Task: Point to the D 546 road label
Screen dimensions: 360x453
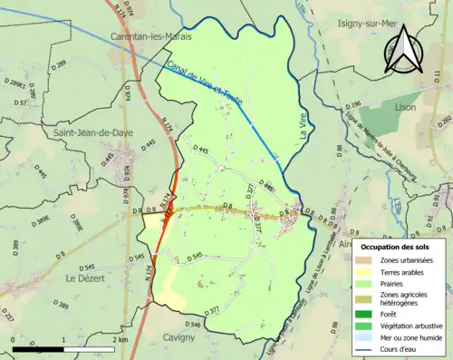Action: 192,324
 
